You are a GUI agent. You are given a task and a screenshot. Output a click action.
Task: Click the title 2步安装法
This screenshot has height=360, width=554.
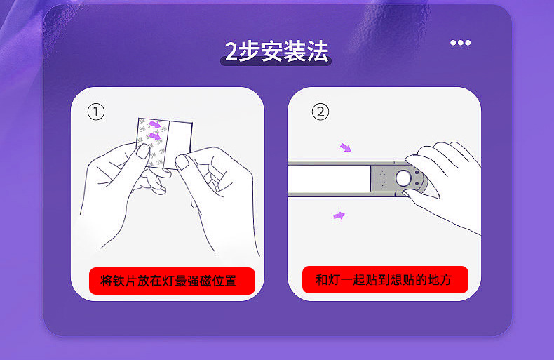276,52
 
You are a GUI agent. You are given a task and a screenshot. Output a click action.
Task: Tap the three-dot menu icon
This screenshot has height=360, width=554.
460,43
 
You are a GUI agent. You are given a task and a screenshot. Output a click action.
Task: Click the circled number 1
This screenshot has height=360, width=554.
96,112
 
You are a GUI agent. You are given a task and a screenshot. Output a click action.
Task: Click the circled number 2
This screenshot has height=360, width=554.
320,112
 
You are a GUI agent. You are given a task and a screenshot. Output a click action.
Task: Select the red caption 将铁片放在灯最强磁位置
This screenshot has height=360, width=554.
172,281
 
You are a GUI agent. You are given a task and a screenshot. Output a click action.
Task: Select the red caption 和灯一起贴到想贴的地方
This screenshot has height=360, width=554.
385,280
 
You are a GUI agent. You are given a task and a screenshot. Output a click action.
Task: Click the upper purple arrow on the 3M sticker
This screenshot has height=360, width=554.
155,124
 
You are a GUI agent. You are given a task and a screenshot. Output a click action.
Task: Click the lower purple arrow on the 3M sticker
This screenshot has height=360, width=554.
155,136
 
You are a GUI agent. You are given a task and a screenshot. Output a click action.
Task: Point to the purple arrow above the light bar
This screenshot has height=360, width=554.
346,147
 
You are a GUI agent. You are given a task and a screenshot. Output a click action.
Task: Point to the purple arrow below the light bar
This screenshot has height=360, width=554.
339,215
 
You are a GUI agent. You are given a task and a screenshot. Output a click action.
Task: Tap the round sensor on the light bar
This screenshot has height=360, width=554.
403,178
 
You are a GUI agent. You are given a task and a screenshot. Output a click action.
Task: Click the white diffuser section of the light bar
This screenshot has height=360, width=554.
329,178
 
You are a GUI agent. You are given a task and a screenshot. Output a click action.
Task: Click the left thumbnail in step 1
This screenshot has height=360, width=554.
143,152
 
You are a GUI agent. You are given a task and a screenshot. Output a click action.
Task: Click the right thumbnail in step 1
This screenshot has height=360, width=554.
182,162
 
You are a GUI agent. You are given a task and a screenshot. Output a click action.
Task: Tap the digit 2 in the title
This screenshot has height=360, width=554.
231,52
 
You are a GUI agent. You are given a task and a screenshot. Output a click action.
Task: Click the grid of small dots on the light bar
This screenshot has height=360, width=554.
382,178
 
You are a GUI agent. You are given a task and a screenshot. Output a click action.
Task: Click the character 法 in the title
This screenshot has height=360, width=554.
317,52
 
